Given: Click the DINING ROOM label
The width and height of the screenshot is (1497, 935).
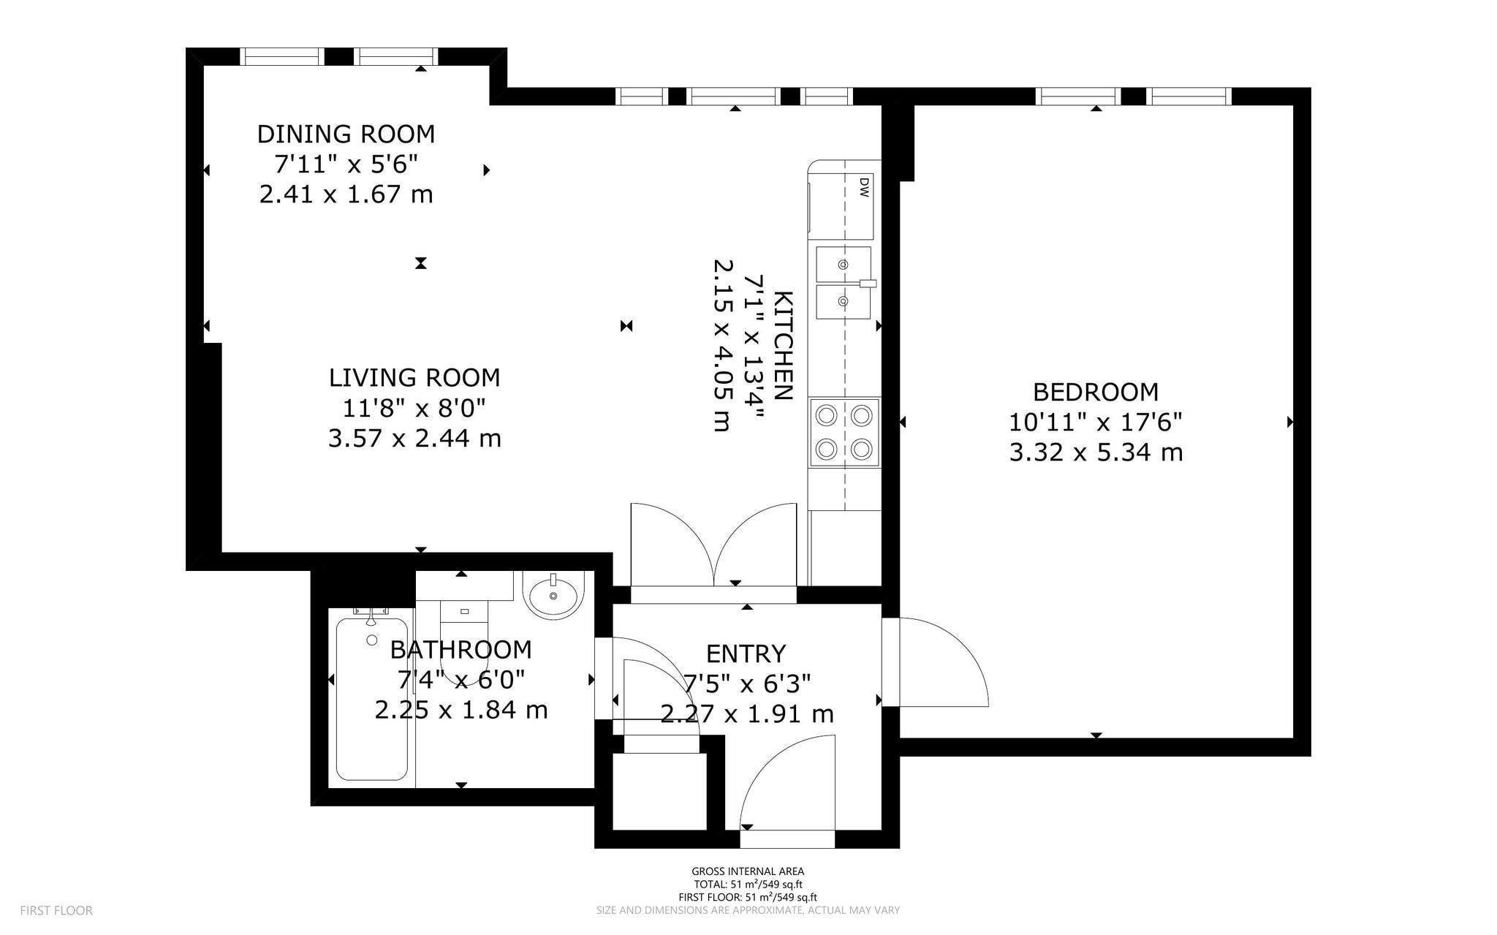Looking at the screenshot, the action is tap(346, 134).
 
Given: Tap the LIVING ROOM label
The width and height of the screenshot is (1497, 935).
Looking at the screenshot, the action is tap(414, 377).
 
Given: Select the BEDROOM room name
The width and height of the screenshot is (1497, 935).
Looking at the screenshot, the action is tap(1096, 392).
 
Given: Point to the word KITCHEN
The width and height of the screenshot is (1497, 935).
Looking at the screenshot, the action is tap(783, 346).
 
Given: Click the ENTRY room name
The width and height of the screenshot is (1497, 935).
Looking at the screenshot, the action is tap(746, 653).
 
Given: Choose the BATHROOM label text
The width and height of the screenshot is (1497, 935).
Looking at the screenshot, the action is tap(461, 649).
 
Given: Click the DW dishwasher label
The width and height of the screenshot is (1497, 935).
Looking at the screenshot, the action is tap(864, 186).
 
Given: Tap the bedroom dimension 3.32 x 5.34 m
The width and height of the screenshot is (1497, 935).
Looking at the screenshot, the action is tap(1096, 453).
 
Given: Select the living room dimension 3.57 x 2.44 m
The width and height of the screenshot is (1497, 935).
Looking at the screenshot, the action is tap(414, 438).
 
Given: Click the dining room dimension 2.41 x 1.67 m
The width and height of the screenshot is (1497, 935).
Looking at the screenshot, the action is tap(346, 194).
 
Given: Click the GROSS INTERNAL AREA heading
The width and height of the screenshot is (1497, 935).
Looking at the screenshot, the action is tap(748, 871).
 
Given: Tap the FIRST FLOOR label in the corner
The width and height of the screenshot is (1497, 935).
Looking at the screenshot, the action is tap(56, 911).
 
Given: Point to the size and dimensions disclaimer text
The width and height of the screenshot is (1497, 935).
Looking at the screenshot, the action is tap(748, 911).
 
